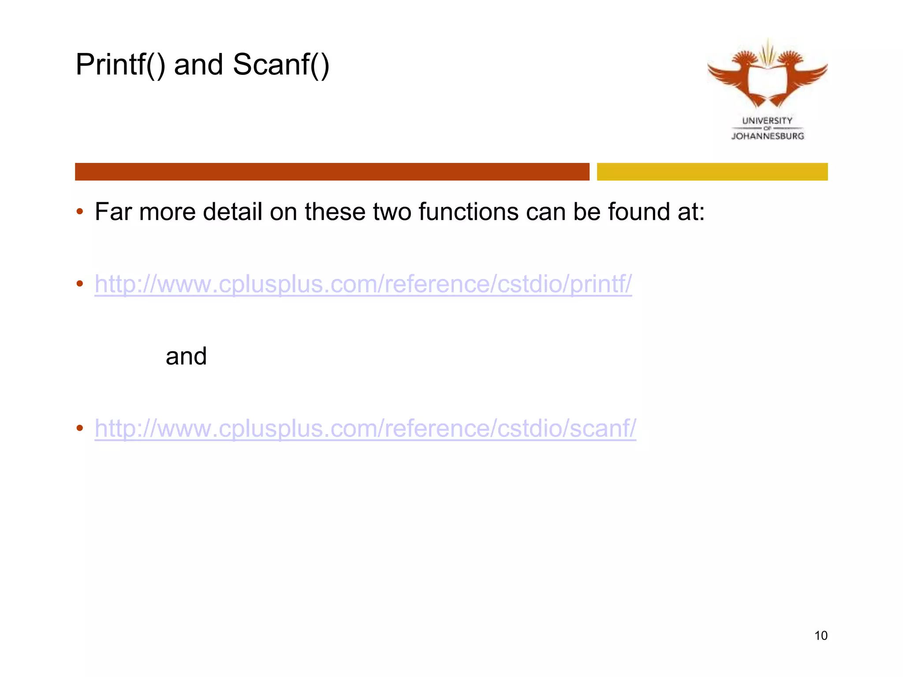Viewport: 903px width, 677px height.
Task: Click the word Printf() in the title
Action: tap(120, 65)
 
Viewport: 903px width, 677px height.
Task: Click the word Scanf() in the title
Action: tap(281, 65)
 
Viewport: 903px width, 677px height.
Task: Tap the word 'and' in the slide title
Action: tap(198, 65)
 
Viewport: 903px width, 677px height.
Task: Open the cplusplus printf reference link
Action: tap(363, 284)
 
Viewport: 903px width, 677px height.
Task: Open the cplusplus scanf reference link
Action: tap(365, 428)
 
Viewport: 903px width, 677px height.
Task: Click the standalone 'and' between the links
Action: tap(186, 356)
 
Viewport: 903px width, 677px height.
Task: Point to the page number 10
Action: tap(821, 636)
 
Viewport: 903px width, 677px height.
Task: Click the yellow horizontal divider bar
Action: tap(712, 171)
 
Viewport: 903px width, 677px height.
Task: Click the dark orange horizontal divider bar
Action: tap(332, 171)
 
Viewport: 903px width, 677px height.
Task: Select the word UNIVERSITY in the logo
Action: tap(767, 120)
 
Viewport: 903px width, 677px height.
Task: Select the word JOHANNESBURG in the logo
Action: tap(768, 136)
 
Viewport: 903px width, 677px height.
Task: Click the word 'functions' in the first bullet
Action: tap(468, 212)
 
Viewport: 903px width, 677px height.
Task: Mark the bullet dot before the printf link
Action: tap(80, 284)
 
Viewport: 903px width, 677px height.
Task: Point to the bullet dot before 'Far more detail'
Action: tap(80, 212)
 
